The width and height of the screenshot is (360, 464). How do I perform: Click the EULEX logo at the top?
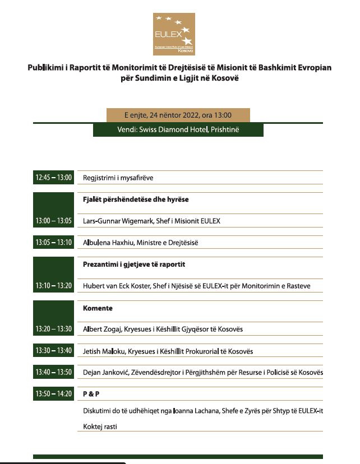point(174,34)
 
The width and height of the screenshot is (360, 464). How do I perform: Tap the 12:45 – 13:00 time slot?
point(54,178)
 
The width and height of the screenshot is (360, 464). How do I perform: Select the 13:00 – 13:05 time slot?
point(54,221)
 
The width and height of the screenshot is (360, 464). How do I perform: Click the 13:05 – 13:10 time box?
point(54,243)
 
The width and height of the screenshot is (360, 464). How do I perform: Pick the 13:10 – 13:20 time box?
point(54,286)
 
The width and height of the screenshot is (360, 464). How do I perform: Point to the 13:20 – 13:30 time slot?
point(54,329)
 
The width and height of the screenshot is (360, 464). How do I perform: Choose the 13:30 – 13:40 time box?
point(54,351)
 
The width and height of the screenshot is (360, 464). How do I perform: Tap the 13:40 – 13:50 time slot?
point(54,372)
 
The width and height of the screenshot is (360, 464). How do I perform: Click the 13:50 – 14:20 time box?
point(54,394)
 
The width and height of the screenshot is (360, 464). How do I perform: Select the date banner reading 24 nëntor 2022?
point(178,115)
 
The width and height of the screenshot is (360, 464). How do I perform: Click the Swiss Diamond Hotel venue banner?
point(178,129)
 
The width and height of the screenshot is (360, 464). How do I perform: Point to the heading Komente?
point(98,308)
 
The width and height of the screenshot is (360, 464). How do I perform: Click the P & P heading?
point(91,394)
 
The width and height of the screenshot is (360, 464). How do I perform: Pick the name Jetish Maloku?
point(101,351)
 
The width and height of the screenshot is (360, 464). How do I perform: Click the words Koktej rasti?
point(100,426)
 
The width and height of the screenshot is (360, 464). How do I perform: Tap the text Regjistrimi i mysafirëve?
point(118,178)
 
